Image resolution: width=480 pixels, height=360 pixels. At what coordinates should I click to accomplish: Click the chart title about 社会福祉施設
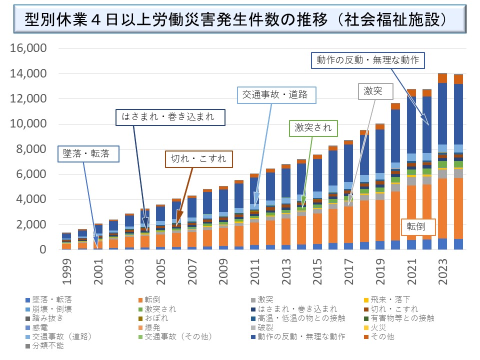click(x=236, y=19)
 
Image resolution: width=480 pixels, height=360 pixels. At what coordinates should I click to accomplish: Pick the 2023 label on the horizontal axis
click(x=443, y=270)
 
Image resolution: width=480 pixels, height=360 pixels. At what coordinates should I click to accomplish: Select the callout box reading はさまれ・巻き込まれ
click(x=169, y=117)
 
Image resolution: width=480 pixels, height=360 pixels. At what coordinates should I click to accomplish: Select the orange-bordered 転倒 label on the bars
click(x=418, y=226)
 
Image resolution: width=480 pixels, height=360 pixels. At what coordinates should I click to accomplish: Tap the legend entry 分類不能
click(x=49, y=345)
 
